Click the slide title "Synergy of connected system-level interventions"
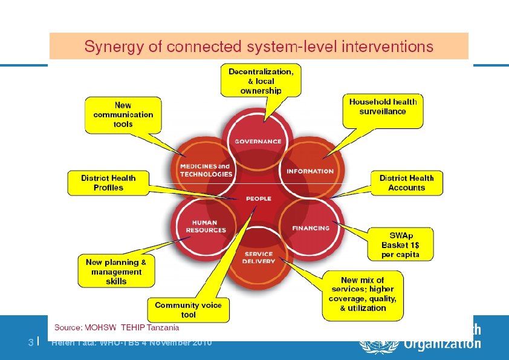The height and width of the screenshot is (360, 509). pos(259,46)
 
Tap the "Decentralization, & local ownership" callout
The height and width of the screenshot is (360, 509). pos(261,80)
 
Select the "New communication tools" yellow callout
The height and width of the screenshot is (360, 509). pos(123,114)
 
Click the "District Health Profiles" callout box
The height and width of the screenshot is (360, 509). pos(108,183)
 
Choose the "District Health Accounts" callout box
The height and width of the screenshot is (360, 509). pos(406,183)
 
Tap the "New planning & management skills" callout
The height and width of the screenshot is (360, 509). pos(116,272)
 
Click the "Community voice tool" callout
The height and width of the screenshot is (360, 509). pos(188,310)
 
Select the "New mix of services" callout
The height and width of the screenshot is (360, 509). pos(363,294)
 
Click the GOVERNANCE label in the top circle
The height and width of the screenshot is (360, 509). pos(258,142)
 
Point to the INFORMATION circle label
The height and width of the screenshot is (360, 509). pos(310,171)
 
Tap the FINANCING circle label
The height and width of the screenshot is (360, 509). pos(311,228)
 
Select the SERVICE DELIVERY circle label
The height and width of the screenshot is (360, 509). pos(259,258)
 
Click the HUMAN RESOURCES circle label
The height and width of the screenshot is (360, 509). pos(206,226)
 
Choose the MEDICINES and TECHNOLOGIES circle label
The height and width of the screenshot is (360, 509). pos(206,170)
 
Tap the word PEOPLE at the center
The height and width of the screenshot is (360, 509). pos(258,198)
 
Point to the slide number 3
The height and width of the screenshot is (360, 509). pos(30,342)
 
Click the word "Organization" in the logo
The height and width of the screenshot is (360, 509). pos(442,344)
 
